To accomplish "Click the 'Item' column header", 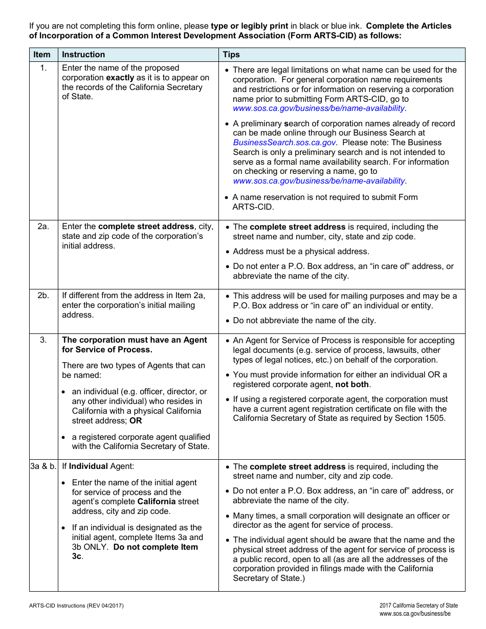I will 42,55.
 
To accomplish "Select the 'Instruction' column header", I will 83,55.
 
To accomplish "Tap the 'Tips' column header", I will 231,55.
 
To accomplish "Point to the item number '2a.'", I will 43,227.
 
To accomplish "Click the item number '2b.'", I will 43,296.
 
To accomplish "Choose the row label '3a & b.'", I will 43,466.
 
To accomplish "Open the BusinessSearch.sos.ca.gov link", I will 284,143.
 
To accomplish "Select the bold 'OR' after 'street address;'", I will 136,421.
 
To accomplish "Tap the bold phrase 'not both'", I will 351,385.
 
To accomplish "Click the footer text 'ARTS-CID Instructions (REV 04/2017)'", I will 76,606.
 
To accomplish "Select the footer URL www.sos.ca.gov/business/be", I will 415,614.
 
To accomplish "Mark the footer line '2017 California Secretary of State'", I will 418,605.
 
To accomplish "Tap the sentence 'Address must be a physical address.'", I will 301,252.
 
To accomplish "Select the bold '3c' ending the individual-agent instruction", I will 77,556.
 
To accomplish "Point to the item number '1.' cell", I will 43,68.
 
